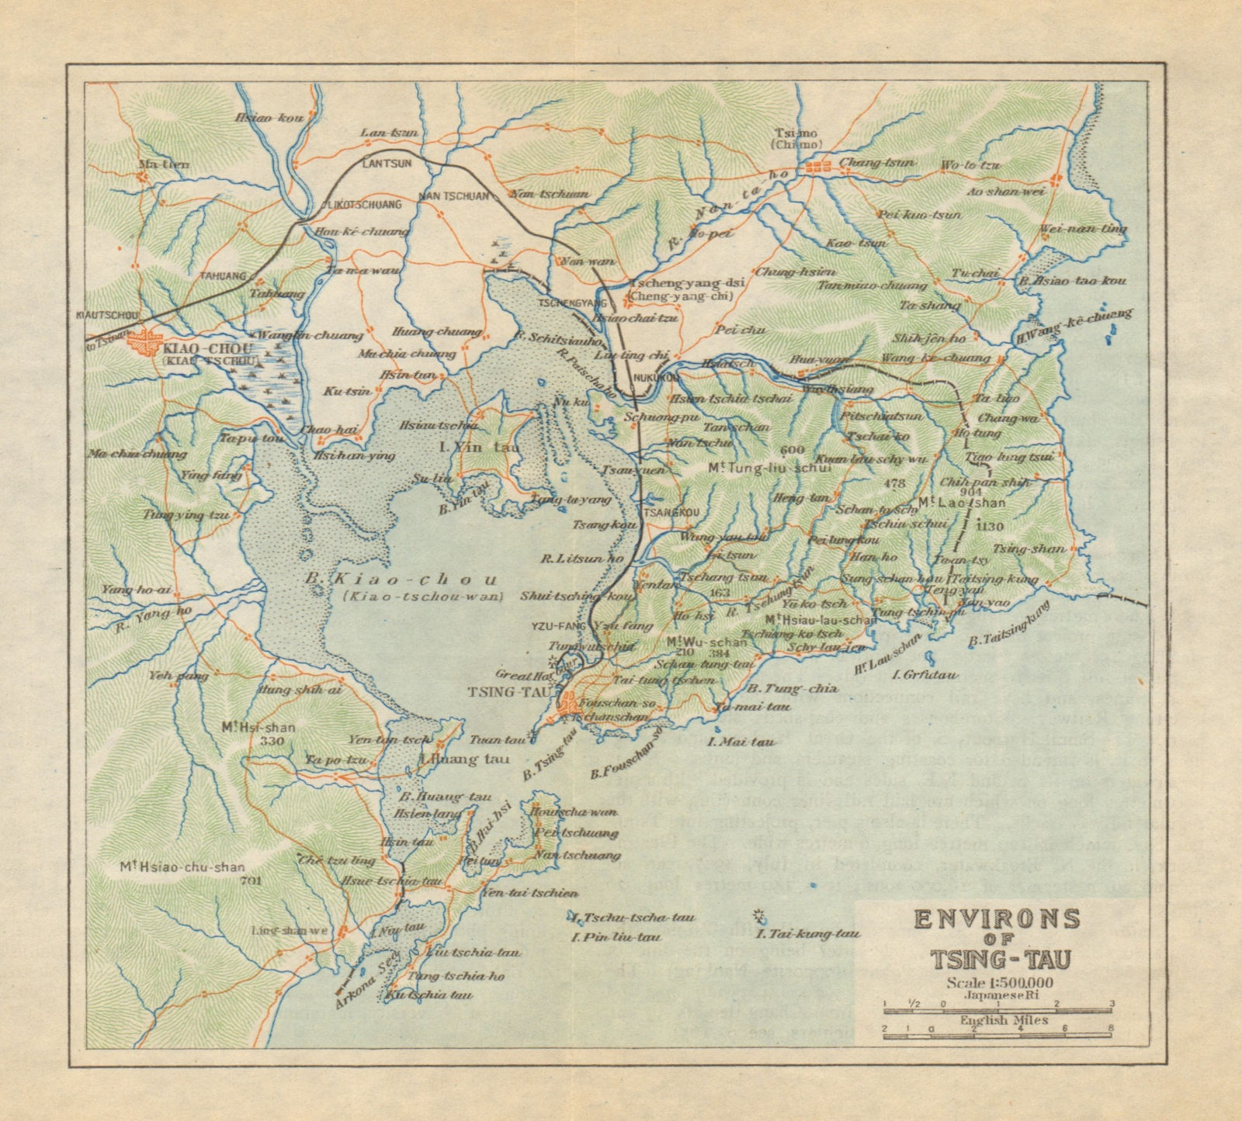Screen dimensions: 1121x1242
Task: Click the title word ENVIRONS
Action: tap(997, 919)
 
